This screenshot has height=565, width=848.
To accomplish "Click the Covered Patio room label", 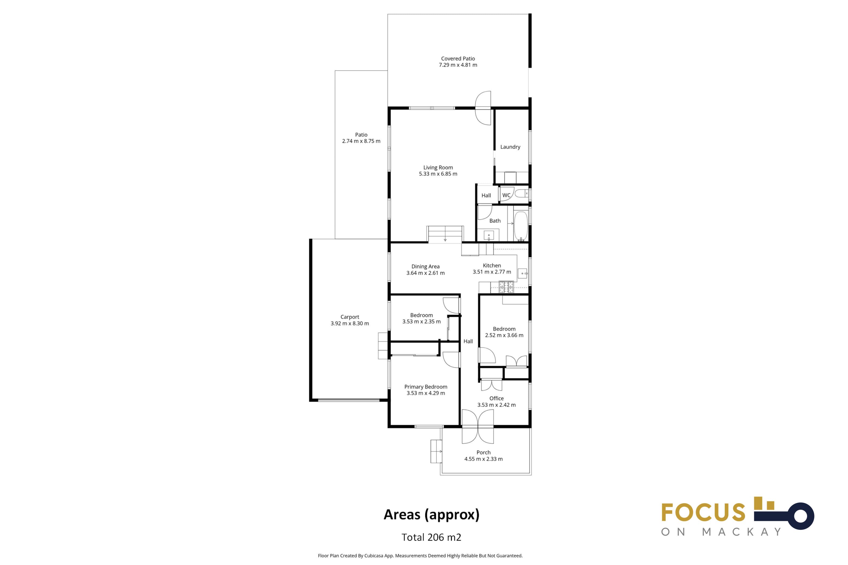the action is click(x=458, y=58).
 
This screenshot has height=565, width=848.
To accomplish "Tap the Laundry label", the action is click(x=510, y=147).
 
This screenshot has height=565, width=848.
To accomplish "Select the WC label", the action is click(x=506, y=195).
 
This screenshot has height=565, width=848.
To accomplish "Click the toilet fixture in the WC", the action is click(x=521, y=194).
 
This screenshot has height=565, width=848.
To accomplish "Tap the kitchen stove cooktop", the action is click(x=506, y=287).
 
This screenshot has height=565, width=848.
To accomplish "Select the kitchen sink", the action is click(x=522, y=273).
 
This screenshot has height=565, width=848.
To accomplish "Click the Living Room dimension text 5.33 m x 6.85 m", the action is click(x=438, y=174).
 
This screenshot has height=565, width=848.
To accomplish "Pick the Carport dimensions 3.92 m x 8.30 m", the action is click(x=350, y=323).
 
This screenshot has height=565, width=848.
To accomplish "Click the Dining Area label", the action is click(x=425, y=267).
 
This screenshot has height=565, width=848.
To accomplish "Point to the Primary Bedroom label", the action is click(x=426, y=387).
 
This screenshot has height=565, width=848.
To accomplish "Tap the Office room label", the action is click(x=496, y=398).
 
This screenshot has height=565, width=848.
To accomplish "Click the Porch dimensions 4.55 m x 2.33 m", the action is click(x=484, y=459).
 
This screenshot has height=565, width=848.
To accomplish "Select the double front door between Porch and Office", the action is click(x=478, y=427).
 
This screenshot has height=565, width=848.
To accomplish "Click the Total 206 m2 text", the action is click(x=432, y=537).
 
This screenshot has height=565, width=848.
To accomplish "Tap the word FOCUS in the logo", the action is click(x=703, y=512).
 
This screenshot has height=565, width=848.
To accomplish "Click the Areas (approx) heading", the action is click(x=432, y=515).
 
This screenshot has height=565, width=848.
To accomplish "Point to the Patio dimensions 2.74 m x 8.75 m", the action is click(x=361, y=141).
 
